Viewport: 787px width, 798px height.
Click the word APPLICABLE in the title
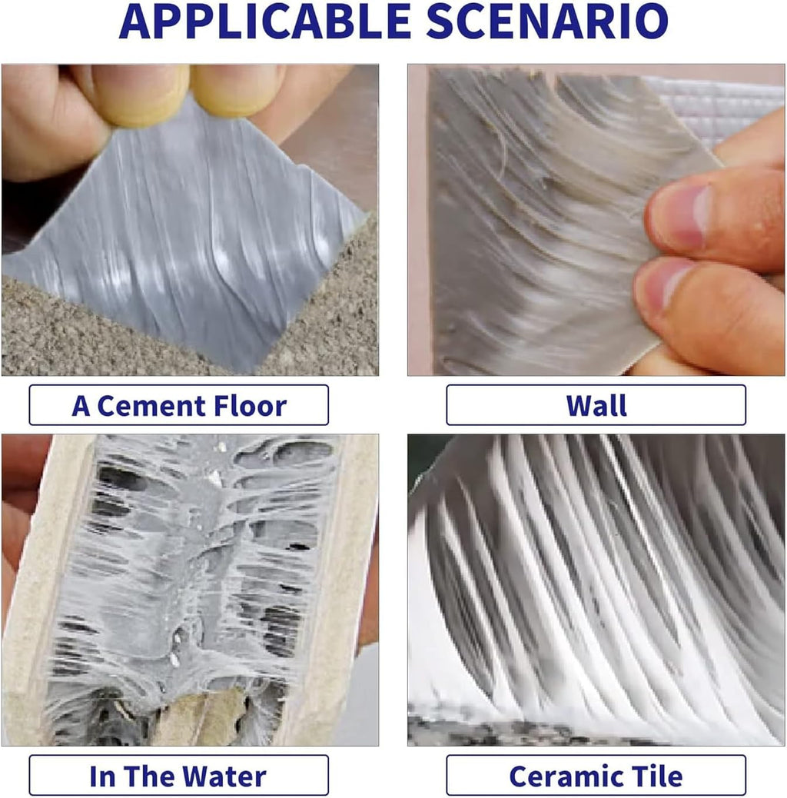click(264, 22)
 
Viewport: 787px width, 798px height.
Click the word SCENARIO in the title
click(547, 22)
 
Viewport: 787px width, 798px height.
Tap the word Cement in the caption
click(151, 406)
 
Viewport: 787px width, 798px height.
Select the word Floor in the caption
click(250, 406)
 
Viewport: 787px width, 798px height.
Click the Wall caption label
click(596, 405)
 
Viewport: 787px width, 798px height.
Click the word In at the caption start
click(102, 776)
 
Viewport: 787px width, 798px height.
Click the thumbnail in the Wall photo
click(681, 216)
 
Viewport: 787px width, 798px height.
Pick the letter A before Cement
click(81, 406)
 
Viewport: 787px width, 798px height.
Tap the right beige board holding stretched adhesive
click(346, 585)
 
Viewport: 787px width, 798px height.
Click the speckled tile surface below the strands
click(534, 730)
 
